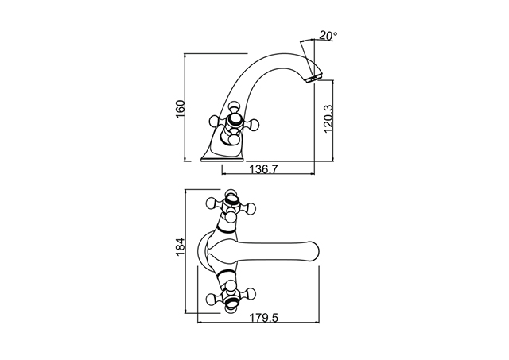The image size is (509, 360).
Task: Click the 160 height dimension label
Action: [181, 110]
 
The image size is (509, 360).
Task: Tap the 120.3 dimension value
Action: [328, 118]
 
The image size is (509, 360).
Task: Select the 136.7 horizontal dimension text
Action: [263, 169]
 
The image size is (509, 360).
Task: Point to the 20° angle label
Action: [328, 35]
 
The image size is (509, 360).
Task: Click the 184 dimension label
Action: [181, 247]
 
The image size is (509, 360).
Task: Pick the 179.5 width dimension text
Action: [264, 318]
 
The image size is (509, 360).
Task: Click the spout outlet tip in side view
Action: [312, 79]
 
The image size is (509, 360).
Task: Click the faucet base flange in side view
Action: [223, 159]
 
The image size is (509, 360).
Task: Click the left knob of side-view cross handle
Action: [214, 122]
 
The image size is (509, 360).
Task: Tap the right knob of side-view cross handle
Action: [254, 123]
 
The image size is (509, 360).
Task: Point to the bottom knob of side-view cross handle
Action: [234, 140]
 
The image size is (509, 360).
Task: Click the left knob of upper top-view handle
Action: [212, 203]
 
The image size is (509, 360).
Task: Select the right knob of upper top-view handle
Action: [251, 207]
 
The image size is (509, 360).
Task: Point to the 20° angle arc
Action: [308, 40]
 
